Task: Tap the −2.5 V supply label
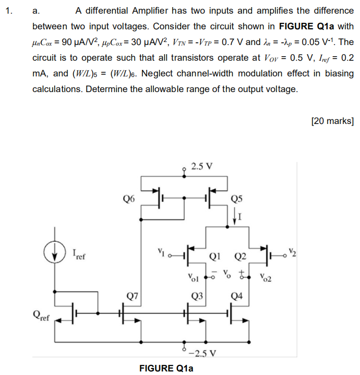click(205, 353)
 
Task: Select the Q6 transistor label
click(129, 199)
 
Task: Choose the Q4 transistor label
click(236, 296)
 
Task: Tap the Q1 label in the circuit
click(219, 256)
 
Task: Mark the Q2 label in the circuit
click(240, 256)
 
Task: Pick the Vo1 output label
click(192, 277)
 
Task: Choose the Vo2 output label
click(265, 277)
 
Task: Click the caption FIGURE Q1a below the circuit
click(166, 368)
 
